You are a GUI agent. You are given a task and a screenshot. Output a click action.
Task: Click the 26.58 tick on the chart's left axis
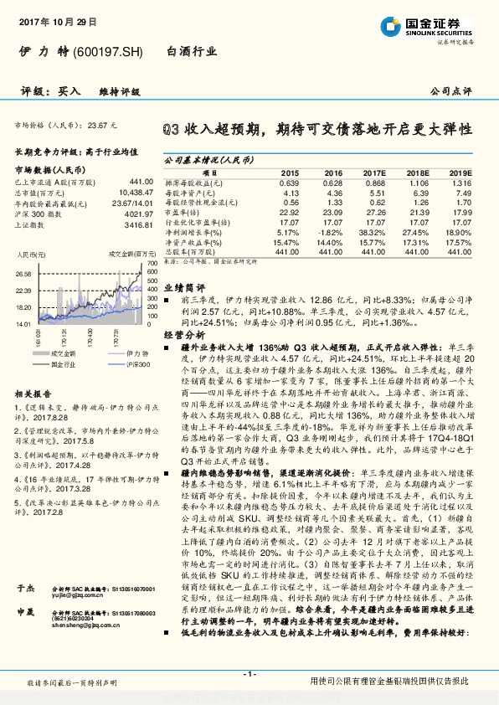[x=23, y=274]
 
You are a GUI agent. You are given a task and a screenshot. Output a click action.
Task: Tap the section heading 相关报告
[x=33, y=393]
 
